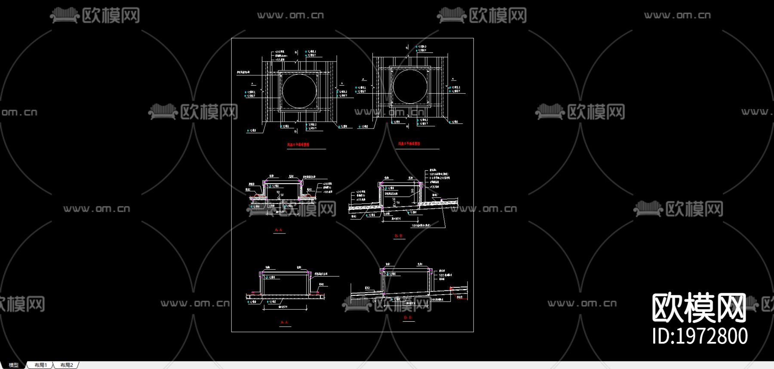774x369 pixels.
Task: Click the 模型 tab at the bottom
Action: (14, 365)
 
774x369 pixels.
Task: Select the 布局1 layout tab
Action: (41, 365)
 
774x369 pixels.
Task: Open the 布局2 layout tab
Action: (67, 365)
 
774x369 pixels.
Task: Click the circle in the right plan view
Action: (410, 86)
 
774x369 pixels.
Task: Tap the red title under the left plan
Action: (298, 145)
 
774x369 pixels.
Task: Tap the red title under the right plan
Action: (409, 144)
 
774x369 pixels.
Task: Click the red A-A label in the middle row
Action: (278, 230)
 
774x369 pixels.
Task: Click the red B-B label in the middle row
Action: (398, 236)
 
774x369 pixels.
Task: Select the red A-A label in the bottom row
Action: (284, 322)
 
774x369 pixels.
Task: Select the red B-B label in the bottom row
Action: (408, 317)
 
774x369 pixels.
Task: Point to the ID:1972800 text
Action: (700, 336)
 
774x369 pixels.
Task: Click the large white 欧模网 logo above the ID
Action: (699, 307)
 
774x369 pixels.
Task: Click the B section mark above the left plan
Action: (296, 52)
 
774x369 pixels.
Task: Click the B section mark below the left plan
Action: (295, 131)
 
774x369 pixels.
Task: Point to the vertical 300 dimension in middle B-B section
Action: (413, 191)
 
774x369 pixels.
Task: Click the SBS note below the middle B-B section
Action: (421, 225)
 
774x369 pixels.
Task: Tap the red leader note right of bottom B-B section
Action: (460, 297)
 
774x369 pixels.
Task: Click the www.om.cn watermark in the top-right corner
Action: (677, 15)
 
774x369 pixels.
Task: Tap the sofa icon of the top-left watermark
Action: (64, 16)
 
